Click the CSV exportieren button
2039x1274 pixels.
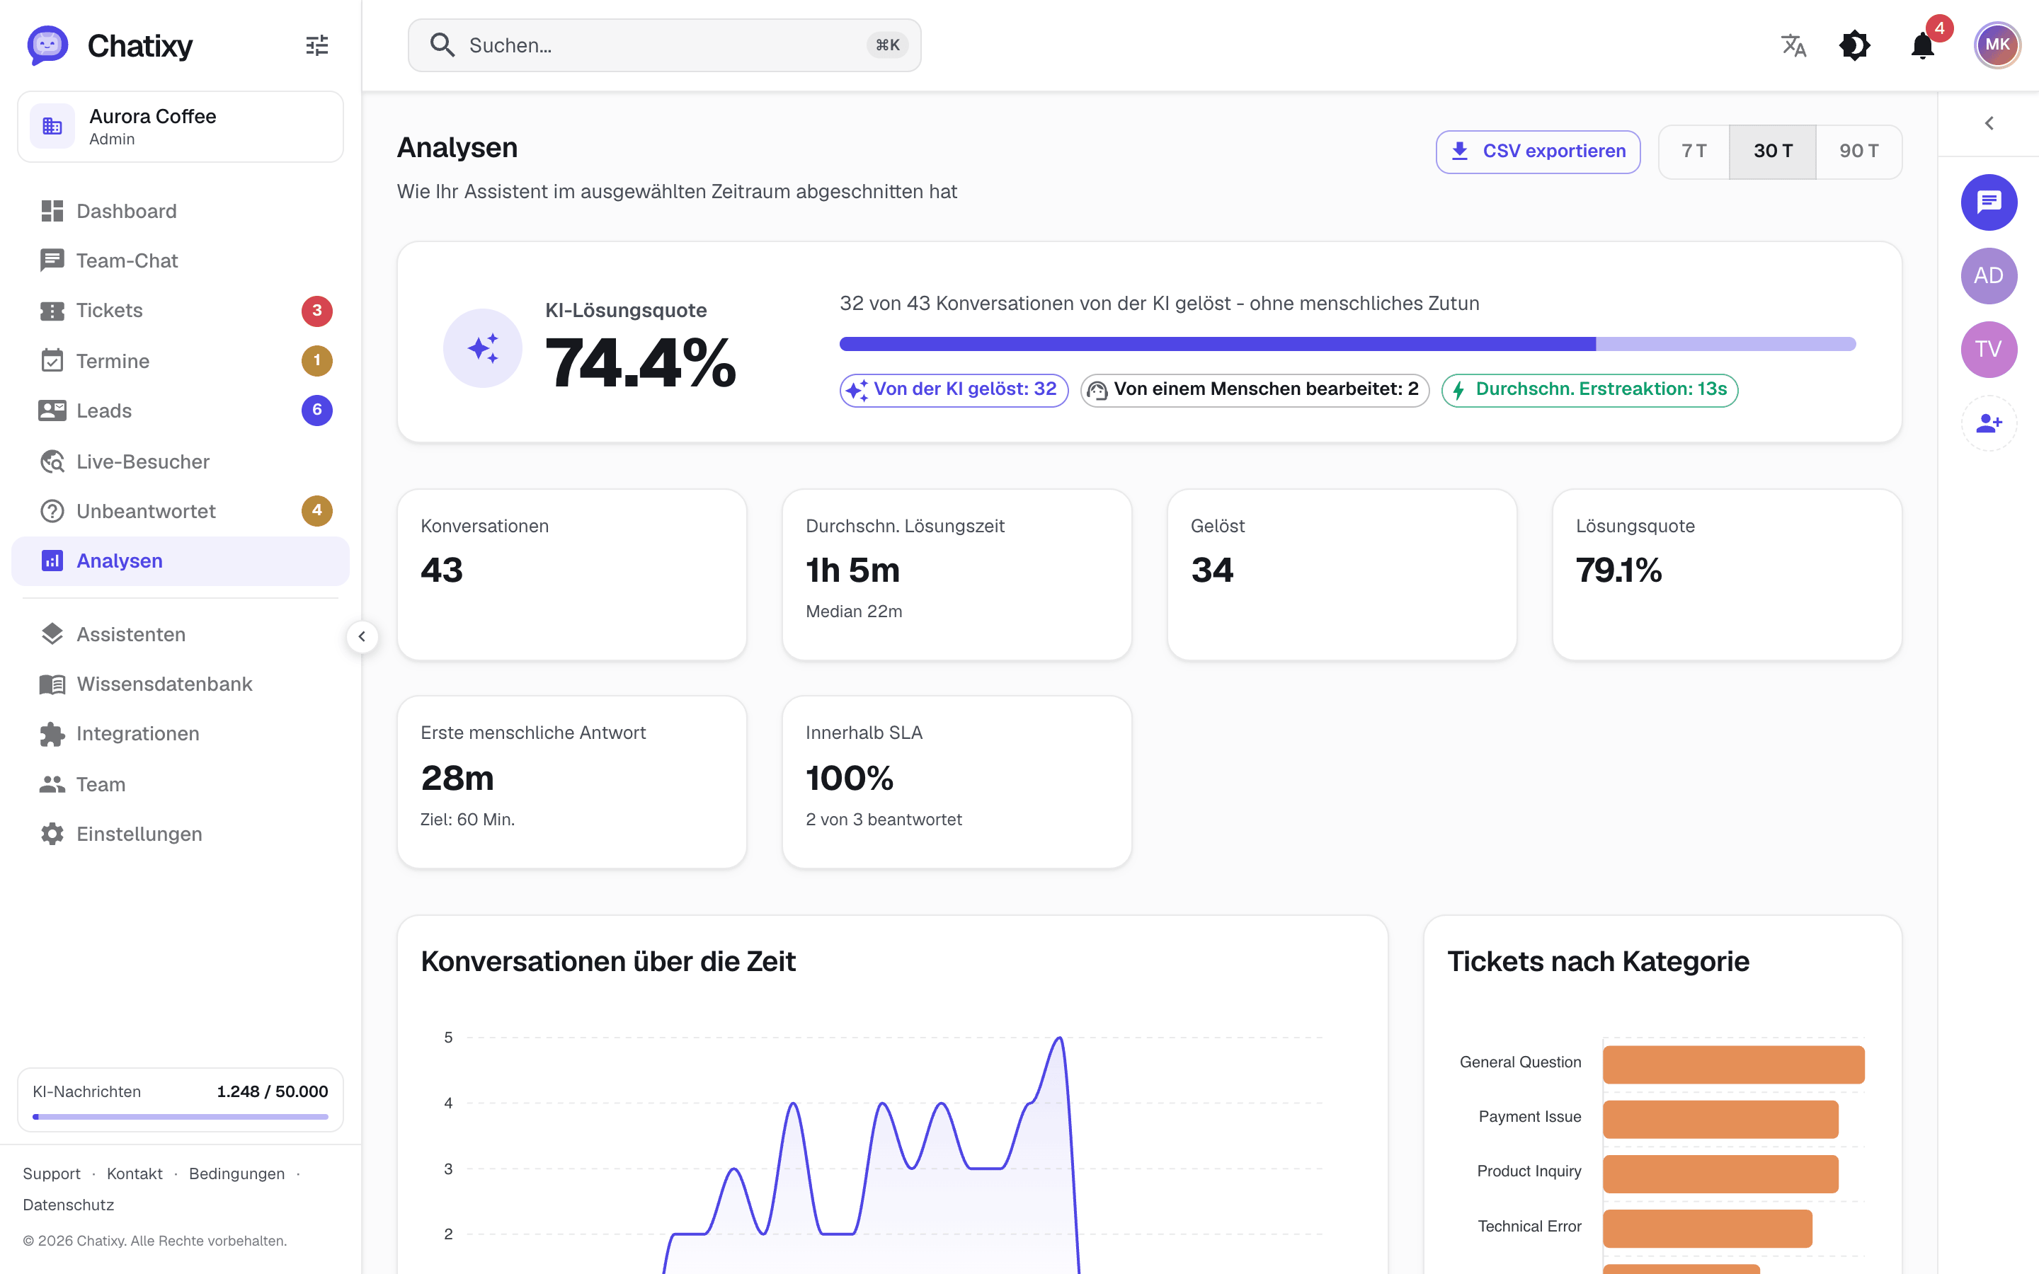pos(1538,151)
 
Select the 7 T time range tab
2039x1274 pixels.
pos(1694,151)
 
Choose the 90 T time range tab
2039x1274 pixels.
pos(1858,151)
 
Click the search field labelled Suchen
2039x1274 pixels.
pos(664,45)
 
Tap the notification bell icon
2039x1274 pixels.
pos(1923,45)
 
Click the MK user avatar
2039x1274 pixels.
pos(1997,45)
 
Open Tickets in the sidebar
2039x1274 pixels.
pos(110,311)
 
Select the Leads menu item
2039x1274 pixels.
pos(103,411)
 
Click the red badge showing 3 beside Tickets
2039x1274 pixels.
pos(316,311)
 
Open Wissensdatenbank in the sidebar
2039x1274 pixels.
pos(164,684)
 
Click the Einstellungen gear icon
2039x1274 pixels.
pos(52,834)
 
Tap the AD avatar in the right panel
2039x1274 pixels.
pos(1989,275)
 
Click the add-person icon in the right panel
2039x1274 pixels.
pos(1989,423)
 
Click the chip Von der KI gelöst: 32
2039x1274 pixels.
pos(954,390)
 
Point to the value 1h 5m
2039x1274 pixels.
pos(852,570)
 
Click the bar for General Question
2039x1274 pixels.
pos(1733,1064)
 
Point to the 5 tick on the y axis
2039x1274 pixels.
pos(448,1037)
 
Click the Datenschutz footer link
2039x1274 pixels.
pos(68,1205)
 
